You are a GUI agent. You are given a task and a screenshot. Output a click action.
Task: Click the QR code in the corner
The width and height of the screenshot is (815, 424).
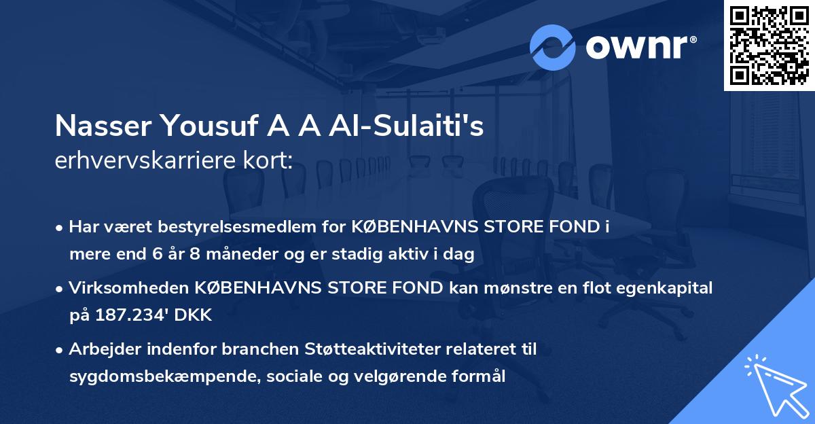(769, 45)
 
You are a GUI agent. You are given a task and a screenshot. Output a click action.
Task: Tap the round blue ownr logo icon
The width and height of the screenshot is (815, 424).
(553, 48)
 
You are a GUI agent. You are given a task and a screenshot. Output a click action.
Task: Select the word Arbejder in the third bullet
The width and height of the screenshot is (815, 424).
(102, 349)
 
